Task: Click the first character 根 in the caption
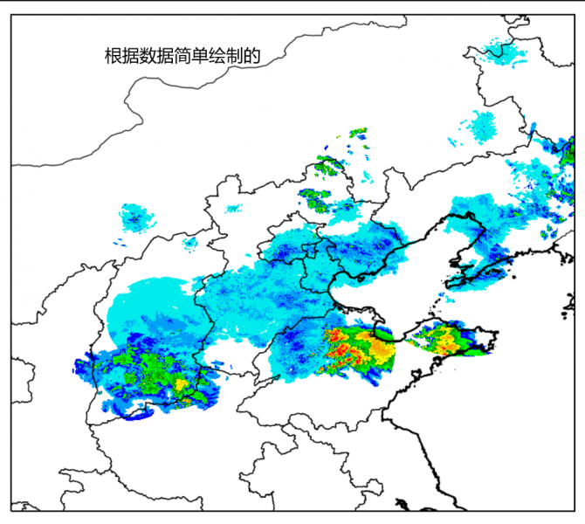click(112, 57)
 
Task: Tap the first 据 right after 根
click(129, 57)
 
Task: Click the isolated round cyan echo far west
click(134, 216)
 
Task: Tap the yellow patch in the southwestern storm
click(182, 382)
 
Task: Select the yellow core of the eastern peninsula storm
click(447, 341)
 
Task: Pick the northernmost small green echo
click(358, 134)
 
